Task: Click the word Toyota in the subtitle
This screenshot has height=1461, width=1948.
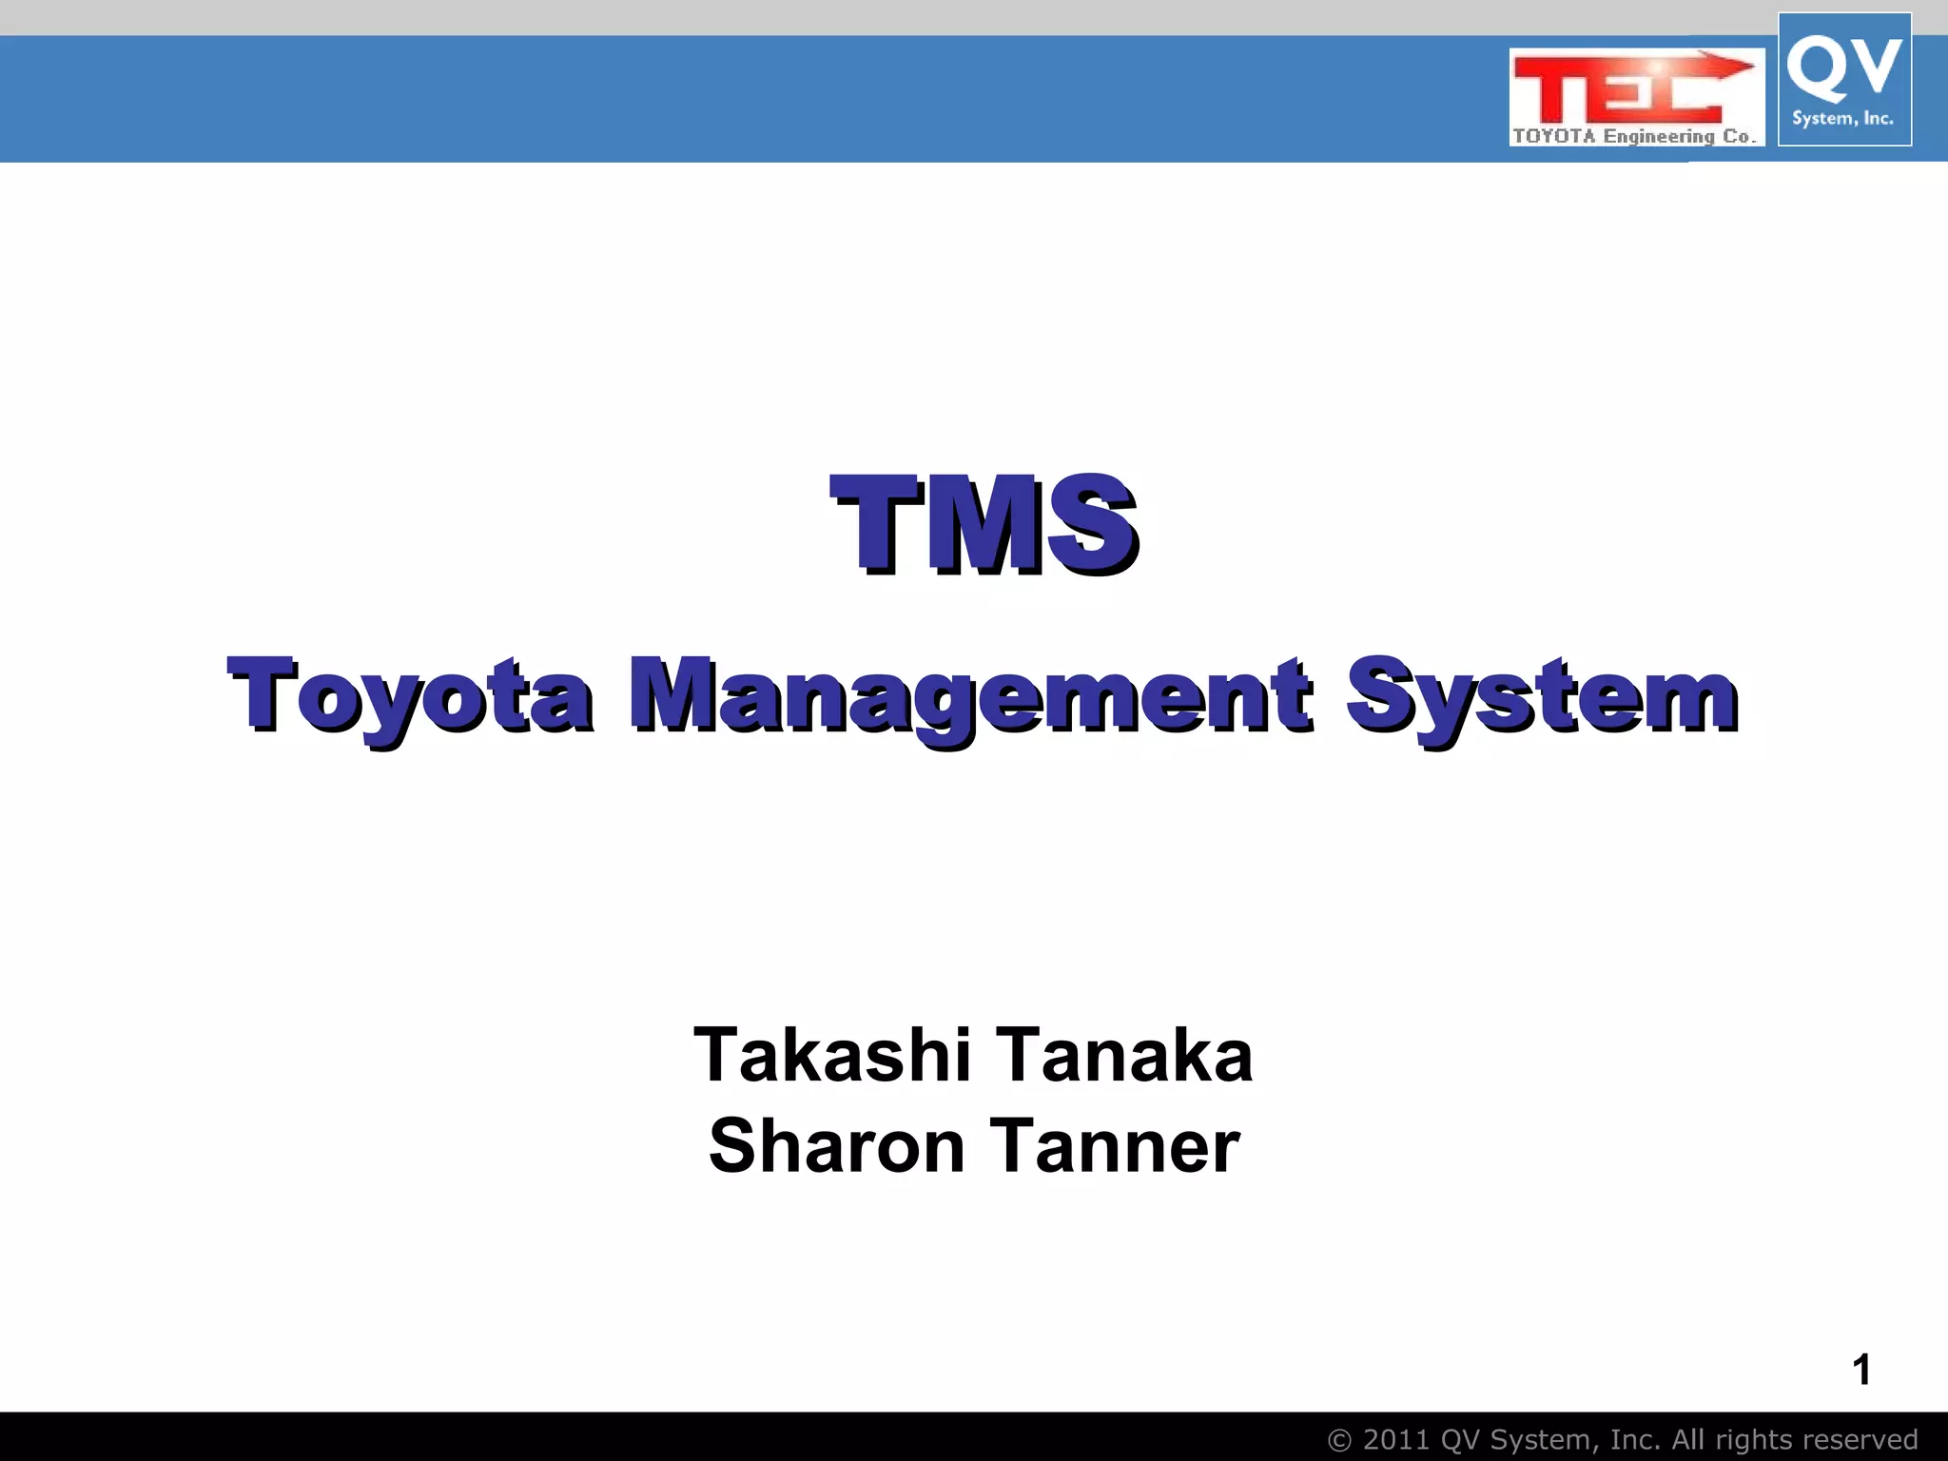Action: [x=411, y=696]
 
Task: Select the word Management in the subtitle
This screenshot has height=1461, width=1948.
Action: [x=970, y=696]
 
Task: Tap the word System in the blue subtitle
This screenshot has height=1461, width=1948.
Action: [x=1543, y=696]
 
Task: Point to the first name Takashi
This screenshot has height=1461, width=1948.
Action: [x=832, y=1055]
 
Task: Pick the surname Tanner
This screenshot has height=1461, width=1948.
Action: [x=1115, y=1145]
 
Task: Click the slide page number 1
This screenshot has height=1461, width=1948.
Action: [x=1861, y=1370]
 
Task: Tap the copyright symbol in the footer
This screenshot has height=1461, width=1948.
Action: [x=1339, y=1441]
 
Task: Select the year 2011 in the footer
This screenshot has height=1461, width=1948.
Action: [x=1396, y=1440]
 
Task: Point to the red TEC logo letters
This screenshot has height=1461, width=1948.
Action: [x=1607, y=89]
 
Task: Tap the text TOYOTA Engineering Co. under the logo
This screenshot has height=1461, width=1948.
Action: [x=1634, y=136]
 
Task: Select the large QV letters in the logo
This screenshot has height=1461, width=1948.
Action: [x=1843, y=67]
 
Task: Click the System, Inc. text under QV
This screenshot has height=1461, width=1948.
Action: [x=1842, y=119]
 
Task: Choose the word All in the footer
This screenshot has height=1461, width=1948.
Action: [x=1689, y=1440]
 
